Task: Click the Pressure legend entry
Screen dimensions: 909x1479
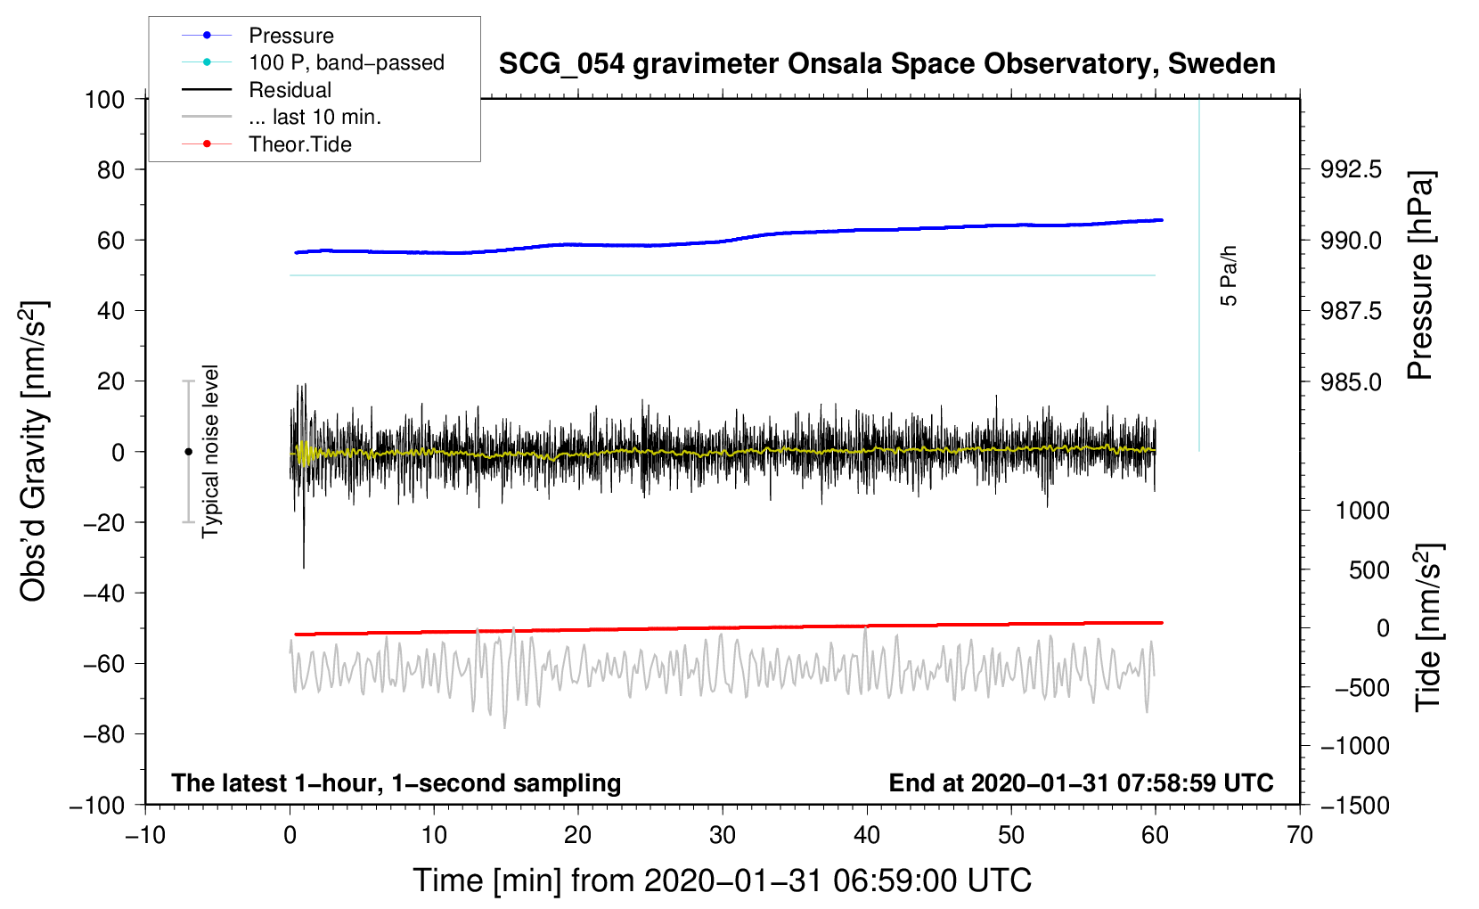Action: pos(290,36)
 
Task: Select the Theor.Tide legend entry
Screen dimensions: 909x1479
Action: pos(299,144)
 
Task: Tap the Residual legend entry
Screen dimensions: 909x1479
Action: pos(290,90)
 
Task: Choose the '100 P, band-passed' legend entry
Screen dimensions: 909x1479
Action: pos(346,63)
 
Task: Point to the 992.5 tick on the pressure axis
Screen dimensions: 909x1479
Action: pos(1351,169)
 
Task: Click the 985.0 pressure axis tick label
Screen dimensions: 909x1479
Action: pos(1351,382)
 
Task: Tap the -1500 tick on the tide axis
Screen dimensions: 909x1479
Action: pos(1355,806)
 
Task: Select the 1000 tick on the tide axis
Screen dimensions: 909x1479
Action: pos(1362,511)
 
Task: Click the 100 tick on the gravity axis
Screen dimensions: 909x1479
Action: pos(105,99)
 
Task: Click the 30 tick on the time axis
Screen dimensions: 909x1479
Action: pos(723,836)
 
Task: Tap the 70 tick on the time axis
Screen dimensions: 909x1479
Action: pos(1300,836)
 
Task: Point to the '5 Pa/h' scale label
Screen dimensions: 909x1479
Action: pos(1230,275)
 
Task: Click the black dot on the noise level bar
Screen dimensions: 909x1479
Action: pos(188,452)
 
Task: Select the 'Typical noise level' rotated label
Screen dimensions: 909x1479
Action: pos(210,451)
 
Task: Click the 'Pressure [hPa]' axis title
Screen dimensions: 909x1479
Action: pos(1420,276)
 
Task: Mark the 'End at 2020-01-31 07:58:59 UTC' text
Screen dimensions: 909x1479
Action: pos(1081,783)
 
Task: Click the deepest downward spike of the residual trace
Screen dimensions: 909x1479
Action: pos(304,566)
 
